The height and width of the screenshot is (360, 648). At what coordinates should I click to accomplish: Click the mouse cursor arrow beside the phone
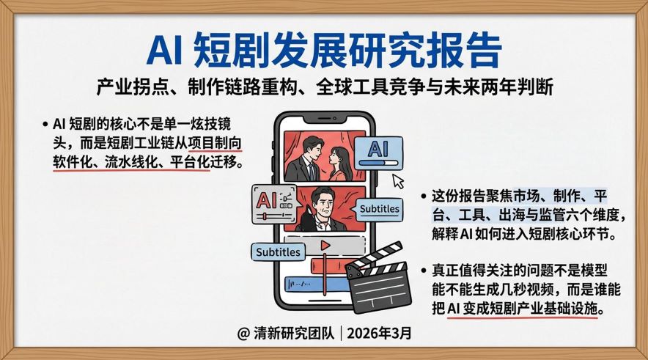tap(398, 180)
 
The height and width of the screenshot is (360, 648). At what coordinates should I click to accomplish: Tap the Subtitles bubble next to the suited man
tap(379, 209)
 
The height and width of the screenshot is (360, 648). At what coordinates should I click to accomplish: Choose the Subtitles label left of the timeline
tap(278, 251)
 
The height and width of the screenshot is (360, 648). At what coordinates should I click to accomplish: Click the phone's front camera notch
tap(324, 119)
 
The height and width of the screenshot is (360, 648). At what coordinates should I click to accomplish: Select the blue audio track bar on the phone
tap(315, 283)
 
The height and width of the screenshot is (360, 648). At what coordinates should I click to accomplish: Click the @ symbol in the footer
tap(244, 334)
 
